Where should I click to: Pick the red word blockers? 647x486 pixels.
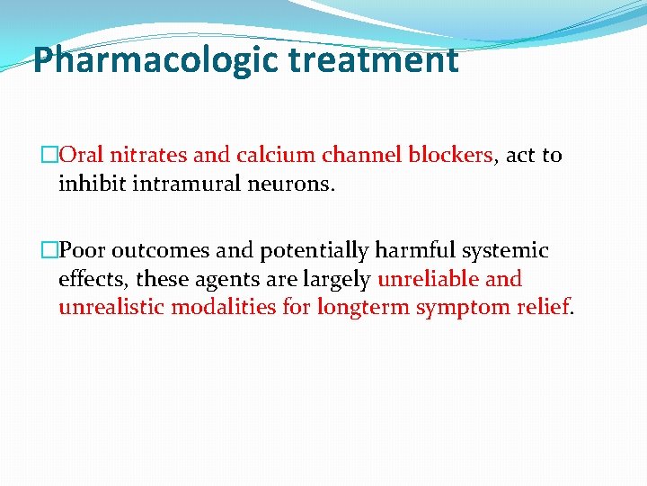click(450, 155)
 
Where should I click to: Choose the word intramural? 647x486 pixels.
click(182, 184)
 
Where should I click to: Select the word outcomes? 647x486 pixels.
click(155, 250)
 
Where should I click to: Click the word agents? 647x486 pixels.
click(235, 279)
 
